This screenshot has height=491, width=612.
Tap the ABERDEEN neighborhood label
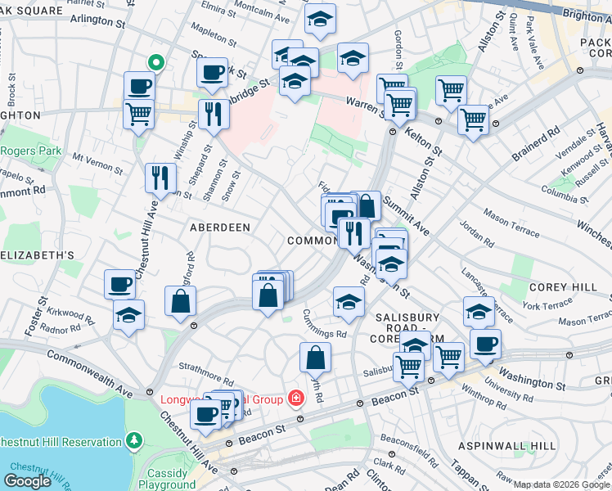(220, 227)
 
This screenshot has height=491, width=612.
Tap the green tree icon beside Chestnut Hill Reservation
(133, 442)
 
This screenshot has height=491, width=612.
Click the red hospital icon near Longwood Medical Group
(295, 399)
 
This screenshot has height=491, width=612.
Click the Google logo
(27, 480)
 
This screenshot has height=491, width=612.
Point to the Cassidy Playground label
(172, 479)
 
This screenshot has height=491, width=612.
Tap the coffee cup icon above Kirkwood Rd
(119, 286)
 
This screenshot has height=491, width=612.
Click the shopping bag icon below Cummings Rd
(315, 358)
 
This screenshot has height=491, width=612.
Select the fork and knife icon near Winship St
(214, 115)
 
